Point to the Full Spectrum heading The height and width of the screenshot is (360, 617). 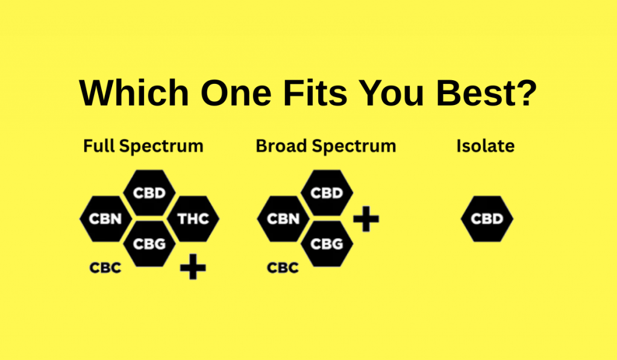(x=143, y=146)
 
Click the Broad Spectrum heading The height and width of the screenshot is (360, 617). (x=326, y=146)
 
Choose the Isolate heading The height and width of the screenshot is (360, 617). (x=486, y=146)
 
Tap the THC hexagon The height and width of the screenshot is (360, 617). (x=193, y=218)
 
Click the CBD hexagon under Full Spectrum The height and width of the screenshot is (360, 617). (x=149, y=193)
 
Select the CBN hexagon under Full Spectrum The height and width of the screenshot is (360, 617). (x=105, y=218)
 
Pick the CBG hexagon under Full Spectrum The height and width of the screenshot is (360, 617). (x=149, y=244)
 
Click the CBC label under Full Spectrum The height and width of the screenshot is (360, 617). (x=105, y=267)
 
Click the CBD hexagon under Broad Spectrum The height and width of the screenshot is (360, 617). (x=326, y=193)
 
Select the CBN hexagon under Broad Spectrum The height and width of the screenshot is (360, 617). (x=283, y=218)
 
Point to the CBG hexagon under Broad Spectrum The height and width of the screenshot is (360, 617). (x=326, y=244)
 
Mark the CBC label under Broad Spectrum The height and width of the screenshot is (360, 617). (x=283, y=267)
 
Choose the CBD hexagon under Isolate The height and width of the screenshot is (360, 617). (x=487, y=218)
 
